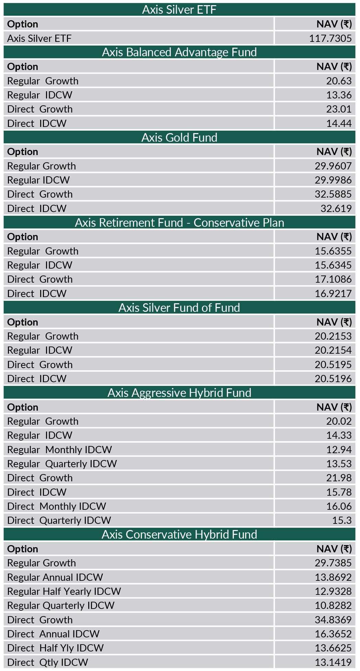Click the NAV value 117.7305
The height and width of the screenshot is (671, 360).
(330, 38)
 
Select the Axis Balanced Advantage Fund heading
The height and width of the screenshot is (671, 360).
(179, 52)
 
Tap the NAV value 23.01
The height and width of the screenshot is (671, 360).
(339, 109)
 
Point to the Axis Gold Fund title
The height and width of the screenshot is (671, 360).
(179, 138)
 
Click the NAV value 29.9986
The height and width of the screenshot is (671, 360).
(333, 180)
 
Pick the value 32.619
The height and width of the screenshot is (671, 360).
(336, 209)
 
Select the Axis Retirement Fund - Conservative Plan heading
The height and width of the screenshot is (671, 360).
(179, 223)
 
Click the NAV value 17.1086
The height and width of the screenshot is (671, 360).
(333, 279)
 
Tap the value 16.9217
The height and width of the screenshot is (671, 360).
(333, 294)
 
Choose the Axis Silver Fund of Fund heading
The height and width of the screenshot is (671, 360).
(179, 308)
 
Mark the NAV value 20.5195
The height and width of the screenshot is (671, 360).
(333, 365)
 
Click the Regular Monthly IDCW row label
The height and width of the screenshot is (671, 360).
(60, 450)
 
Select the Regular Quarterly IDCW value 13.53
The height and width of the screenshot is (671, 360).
(339, 464)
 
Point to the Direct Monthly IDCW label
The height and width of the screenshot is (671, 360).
(57, 506)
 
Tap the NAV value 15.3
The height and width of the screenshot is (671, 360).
(341, 520)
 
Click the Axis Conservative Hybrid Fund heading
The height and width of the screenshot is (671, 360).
(179, 534)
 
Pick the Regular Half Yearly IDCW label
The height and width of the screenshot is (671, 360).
(64, 591)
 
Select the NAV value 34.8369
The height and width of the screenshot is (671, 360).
(333, 620)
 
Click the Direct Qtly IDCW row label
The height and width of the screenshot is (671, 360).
(48, 662)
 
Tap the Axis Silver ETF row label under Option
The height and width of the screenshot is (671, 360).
(39, 38)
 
